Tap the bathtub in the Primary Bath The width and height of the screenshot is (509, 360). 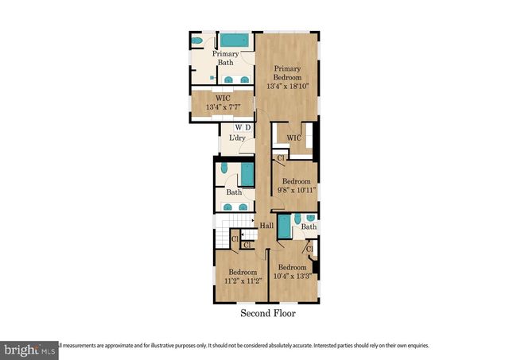tap(235, 40)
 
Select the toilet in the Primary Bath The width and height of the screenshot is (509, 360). tap(197, 41)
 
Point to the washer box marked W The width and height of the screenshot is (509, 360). tap(237, 127)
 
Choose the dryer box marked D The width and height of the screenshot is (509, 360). tap(247, 127)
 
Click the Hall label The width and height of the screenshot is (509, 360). tap(267, 226)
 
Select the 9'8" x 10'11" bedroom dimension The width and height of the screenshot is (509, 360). tap(296, 191)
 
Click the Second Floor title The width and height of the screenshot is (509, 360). tap(268, 314)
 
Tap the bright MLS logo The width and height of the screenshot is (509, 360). tap(29, 348)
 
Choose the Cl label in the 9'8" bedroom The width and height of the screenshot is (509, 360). tap(279, 157)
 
